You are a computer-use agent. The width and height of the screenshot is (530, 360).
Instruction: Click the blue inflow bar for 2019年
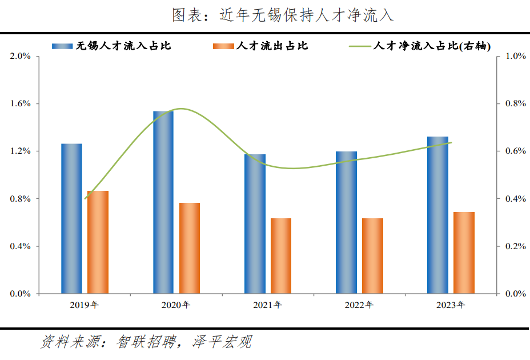(72, 219)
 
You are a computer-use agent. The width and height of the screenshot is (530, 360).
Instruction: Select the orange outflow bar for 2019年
(98, 242)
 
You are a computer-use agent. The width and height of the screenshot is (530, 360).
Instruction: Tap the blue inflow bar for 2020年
(163, 202)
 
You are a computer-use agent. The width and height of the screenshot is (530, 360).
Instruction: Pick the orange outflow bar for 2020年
(190, 249)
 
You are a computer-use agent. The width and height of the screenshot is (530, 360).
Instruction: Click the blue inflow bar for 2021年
(255, 224)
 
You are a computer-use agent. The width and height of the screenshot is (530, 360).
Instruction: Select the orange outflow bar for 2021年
(281, 256)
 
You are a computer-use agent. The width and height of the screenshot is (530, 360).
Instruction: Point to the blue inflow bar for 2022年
(346, 223)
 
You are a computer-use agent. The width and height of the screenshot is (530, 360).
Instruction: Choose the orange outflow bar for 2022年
(372, 256)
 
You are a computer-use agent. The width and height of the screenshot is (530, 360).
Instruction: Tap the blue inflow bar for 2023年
(437, 215)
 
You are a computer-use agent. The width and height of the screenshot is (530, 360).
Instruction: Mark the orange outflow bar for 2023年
(464, 253)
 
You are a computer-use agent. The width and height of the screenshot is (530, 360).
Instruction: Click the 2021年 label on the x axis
(267, 305)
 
